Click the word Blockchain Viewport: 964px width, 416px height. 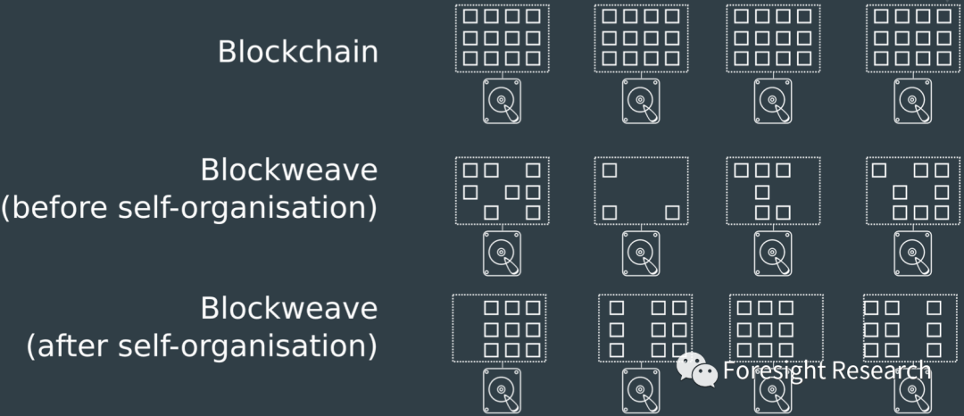(297, 52)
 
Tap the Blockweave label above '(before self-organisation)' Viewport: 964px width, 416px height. (288, 170)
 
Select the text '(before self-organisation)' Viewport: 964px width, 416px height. (188, 207)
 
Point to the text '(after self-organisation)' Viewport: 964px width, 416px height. (201, 345)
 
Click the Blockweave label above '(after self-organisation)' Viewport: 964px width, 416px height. (288, 308)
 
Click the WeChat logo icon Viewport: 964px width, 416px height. (697, 370)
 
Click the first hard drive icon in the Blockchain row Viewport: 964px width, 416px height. (502, 101)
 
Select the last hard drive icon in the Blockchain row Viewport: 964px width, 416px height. (911, 101)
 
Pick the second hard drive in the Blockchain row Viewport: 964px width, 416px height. (641, 101)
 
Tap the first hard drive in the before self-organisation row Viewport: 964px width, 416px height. (502, 254)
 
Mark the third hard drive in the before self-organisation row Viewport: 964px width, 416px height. (773, 254)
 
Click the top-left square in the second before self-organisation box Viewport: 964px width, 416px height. (610, 170)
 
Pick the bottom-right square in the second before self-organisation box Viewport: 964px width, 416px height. (673, 212)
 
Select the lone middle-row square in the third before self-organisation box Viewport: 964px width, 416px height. (761, 191)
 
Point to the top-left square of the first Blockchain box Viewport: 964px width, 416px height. (470, 16)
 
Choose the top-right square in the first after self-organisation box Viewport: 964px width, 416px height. (533, 308)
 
